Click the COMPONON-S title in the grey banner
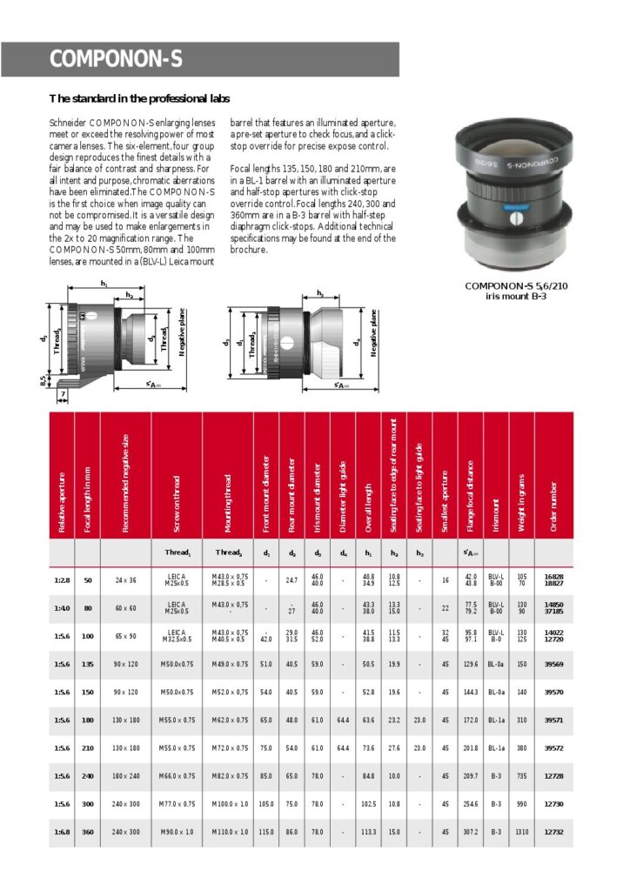click(x=116, y=59)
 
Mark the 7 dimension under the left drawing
click(x=63, y=395)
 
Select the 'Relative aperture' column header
click(x=62, y=503)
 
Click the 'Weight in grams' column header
click(x=522, y=501)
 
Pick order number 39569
click(x=553, y=664)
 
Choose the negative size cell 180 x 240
click(x=125, y=775)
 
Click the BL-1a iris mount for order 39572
click(x=496, y=747)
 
